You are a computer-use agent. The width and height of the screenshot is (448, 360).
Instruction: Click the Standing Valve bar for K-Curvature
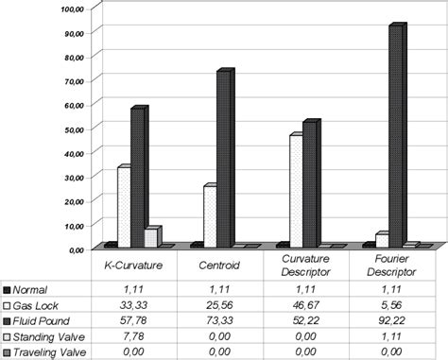pos(151,237)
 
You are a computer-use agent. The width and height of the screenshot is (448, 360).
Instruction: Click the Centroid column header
pos(217,266)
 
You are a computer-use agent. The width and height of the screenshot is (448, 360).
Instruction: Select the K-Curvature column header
pos(131,266)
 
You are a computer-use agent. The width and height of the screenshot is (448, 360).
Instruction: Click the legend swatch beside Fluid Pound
pos(8,321)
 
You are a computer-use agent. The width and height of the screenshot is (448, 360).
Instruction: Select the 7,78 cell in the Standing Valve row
pos(131,336)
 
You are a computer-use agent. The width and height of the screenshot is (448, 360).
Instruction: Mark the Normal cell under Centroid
pos(217,289)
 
